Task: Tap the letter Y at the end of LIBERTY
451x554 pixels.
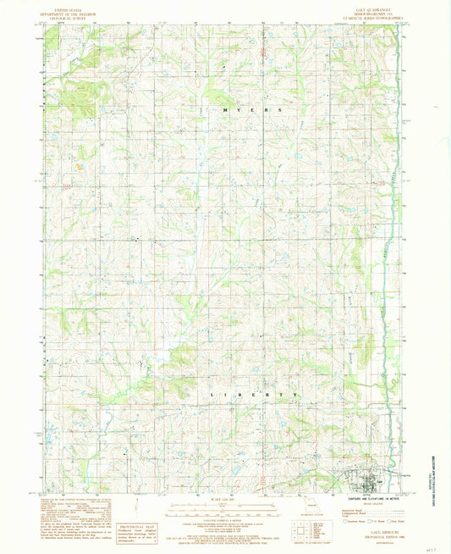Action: pyautogui.click(x=294, y=395)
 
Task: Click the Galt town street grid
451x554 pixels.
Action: pyautogui.click(x=370, y=485)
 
